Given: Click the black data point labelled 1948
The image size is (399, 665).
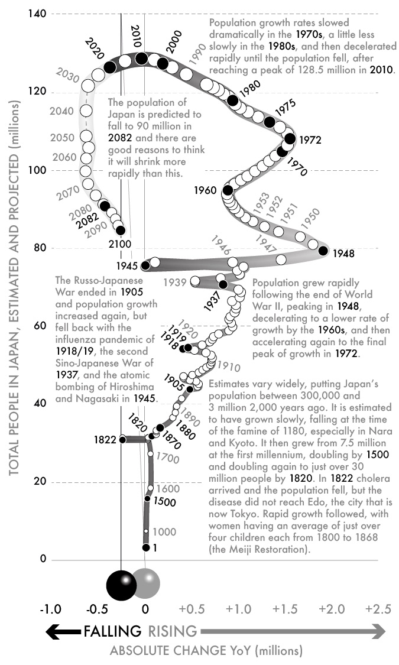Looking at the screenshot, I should [323, 250].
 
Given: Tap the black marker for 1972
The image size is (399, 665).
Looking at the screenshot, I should [290, 139].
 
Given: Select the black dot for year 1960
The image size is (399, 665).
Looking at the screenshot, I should [228, 190].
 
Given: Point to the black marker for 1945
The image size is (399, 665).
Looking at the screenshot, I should [145, 265].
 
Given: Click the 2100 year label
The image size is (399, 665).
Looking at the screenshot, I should [120, 243].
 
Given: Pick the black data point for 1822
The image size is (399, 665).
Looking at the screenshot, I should [122, 439].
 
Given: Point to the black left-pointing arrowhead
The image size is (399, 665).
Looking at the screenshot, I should [54, 632].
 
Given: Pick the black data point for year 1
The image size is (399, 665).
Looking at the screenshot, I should [146, 548].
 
